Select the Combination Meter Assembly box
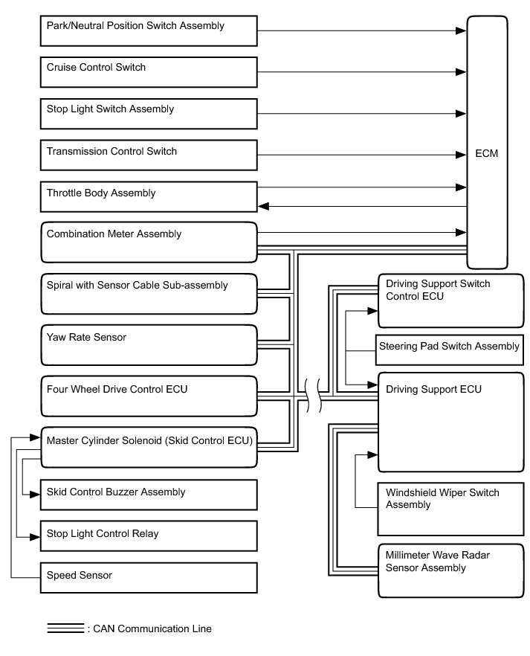(148, 242)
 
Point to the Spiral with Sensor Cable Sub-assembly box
(148, 293)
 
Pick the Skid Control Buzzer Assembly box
(148, 494)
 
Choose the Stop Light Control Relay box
(148, 536)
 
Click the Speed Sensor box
(148, 577)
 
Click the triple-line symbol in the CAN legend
(65, 628)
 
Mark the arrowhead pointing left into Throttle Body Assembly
(262, 207)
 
